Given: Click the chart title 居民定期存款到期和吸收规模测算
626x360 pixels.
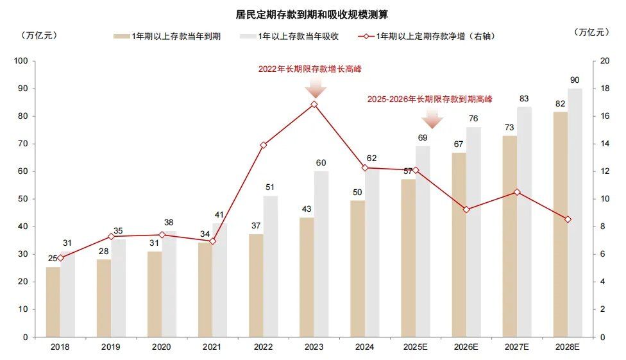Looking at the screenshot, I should [312, 13].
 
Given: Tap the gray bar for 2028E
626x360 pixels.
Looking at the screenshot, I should [575, 212].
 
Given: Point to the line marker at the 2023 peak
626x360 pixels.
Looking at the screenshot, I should [314, 104].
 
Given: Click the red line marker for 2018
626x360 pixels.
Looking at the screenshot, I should [61, 258].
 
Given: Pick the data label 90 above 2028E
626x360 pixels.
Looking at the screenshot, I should [575, 80].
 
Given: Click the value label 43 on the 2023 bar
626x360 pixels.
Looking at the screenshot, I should [307, 209].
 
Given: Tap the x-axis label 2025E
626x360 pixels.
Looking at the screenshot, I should [415, 347].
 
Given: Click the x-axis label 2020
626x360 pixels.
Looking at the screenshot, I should [162, 347].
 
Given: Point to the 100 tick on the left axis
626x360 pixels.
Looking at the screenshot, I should [22, 61].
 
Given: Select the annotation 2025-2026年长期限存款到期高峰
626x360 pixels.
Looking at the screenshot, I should [430, 99].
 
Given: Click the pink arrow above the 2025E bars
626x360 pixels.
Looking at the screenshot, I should [433, 118].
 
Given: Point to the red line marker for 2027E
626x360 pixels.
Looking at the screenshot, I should [517, 192].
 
